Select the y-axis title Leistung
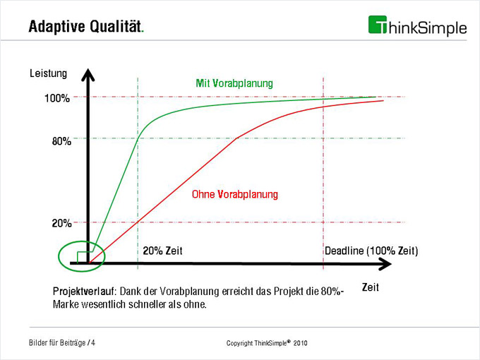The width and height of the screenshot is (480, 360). pyautogui.click(x=48, y=72)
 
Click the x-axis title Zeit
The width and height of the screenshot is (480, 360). pyautogui.click(x=371, y=287)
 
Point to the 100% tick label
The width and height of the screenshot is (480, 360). pyautogui.click(x=57, y=98)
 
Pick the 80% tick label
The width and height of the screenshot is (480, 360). pyautogui.click(x=61, y=141)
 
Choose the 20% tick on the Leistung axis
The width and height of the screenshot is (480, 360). pyautogui.click(x=61, y=223)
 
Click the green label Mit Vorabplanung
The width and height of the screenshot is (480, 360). pyautogui.click(x=234, y=83)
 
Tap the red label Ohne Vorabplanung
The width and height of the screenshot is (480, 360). pyautogui.click(x=235, y=193)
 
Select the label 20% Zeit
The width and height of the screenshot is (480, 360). pyautogui.click(x=167, y=251)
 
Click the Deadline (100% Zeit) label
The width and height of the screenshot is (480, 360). pyautogui.click(x=371, y=251)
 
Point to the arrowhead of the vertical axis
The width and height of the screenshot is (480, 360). pyautogui.click(x=88, y=73)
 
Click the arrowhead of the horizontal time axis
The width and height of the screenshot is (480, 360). pyautogui.click(x=385, y=264)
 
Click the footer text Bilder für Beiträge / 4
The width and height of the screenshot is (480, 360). pyautogui.click(x=63, y=343)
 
